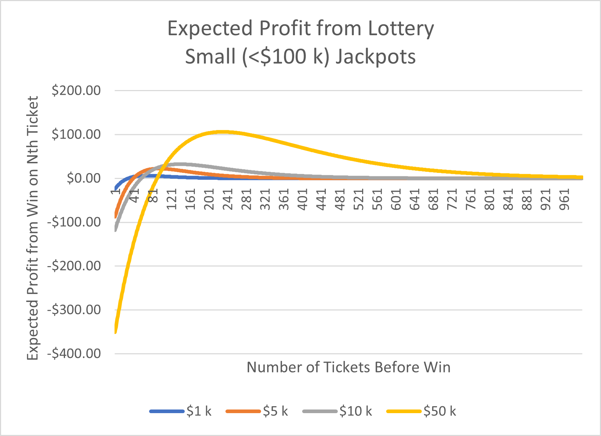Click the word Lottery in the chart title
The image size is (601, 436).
[x=401, y=29]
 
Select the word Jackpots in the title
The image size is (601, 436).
[x=376, y=57]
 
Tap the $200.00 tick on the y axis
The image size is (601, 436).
[x=76, y=90]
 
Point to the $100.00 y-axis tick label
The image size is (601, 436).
[x=76, y=134]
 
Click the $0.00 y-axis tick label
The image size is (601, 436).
[x=84, y=178]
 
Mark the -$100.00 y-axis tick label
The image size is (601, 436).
[x=74, y=222]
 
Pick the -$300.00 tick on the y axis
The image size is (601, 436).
[x=74, y=310]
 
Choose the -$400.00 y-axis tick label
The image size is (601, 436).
[x=74, y=354]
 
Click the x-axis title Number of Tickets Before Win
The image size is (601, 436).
[x=348, y=367]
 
